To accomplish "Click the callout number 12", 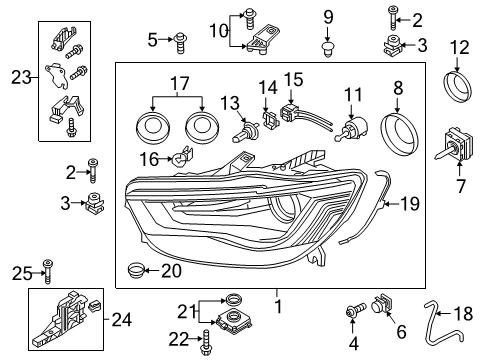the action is pos(460,48).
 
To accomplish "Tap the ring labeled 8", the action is pos(383,133).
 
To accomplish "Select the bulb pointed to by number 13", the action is pos(244,132).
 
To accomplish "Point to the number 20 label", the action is pos(171,271).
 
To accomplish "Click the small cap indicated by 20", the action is pos(135,270).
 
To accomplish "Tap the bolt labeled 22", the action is pos(205,342).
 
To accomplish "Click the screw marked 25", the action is pos(48,271).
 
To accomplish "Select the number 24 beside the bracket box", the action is pos(121,320).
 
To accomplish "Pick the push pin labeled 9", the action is pos(328,49).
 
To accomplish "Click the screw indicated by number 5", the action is pos(180,43).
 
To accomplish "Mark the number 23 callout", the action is pos(21,78).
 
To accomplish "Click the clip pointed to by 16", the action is pos(183,156).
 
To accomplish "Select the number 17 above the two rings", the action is pos(180,83).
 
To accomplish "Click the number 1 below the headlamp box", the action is pos(278,306).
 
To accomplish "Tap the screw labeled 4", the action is pos(356,311).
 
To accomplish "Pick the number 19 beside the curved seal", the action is pos(410,203).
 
